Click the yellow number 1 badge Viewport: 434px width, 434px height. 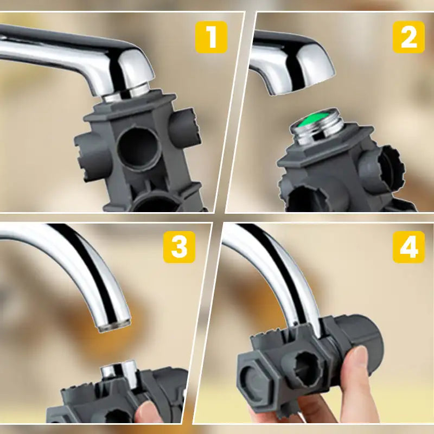pyautogui.click(x=211, y=37)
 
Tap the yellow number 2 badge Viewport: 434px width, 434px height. pyautogui.click(x=409, y=37)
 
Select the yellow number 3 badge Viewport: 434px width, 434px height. pyautogui.click(x=179, y=247)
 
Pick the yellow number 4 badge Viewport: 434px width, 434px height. pyautogui.click(x=409, y=247)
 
